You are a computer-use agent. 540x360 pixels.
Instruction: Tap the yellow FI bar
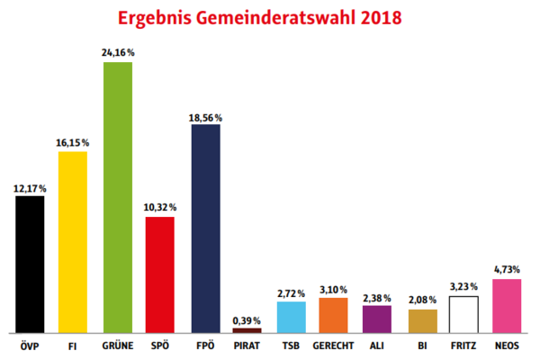[73, 242]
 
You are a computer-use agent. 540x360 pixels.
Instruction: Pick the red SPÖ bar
[159, 274]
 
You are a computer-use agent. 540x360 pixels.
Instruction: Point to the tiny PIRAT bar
[247, 330]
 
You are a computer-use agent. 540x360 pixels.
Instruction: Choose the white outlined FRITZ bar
[464, 314]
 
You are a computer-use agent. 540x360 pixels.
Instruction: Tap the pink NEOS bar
[508, 306]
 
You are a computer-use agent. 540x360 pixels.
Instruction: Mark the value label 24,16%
[117, 53]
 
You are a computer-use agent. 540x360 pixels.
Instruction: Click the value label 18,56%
[205, 117]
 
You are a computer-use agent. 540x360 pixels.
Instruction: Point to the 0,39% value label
[247, 320]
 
